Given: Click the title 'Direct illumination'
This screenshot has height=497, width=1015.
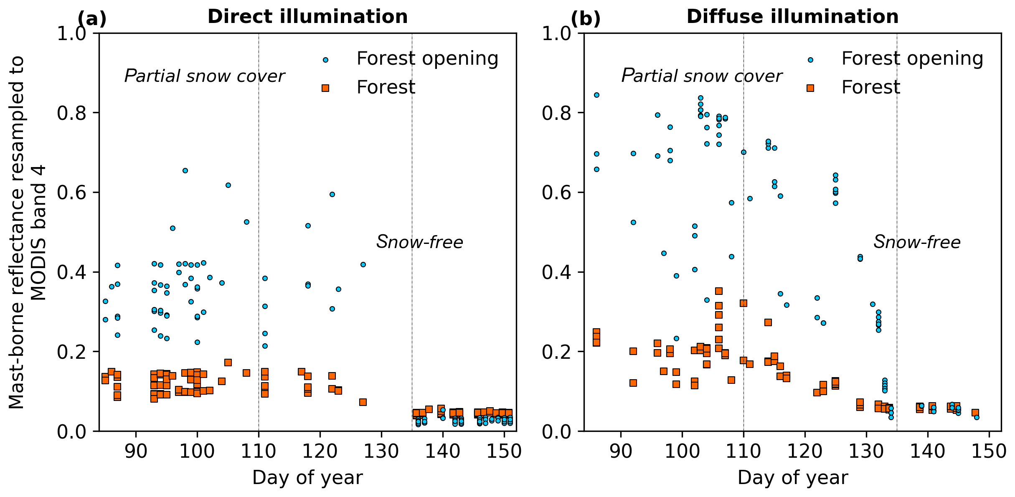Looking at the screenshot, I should click(x=307, y=17).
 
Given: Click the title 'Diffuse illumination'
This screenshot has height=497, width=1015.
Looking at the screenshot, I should click(x=792, y=17).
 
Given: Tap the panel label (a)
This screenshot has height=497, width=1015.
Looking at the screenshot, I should click(x=92, y=19).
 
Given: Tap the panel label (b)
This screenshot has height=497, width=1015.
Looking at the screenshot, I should click(x=586, y=19).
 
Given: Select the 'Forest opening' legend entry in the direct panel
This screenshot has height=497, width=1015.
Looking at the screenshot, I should click(x=427, y=58).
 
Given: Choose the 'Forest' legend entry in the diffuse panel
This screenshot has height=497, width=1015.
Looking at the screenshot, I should click(x=870, y=87).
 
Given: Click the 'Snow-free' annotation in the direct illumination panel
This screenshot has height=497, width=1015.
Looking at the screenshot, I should click(x=420, y=242).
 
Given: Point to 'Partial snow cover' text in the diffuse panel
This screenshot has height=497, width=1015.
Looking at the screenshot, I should click(x=701, y=76).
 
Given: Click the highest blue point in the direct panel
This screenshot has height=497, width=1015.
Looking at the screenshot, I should click(x=185, y=170).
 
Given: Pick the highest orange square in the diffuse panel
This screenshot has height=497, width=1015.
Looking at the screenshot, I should click(x=719, y=291).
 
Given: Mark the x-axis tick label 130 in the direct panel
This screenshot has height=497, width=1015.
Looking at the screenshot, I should click(x=381, y=451).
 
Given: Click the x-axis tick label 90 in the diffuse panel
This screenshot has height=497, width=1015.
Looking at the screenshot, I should click(x=621, y=451).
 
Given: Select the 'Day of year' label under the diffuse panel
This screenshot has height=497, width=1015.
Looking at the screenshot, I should click(x=792, y=478).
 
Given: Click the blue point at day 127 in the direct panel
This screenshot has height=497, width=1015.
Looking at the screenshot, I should click(x=363, y=264).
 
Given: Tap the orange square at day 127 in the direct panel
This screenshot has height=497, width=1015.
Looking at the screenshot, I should click(x=363, y=402).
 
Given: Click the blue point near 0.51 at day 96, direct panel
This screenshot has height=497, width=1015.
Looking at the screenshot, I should click(x=173, y=228).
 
